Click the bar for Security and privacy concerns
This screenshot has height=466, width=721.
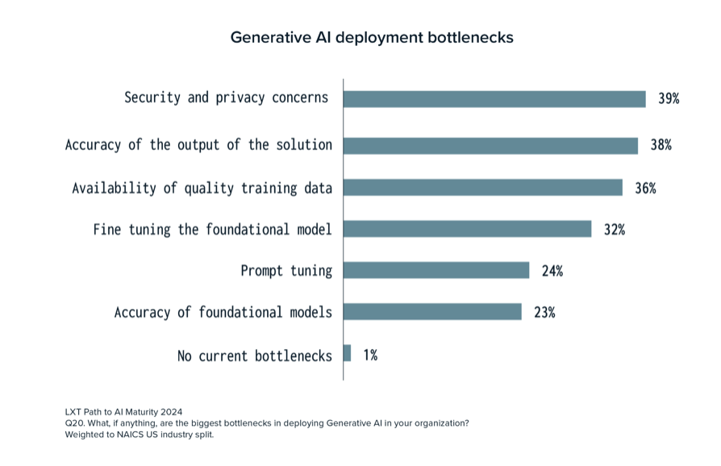click(494, 98)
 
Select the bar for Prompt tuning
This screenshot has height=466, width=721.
click(436, 270)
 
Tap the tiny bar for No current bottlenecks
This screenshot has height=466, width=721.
click(348, 353)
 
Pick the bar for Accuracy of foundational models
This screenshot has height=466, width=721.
click(432, 312)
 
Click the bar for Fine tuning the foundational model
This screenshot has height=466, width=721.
click(468, 229)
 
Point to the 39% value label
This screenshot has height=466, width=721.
click(669, 98)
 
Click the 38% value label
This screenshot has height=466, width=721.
click(661, 145)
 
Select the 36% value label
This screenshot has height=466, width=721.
click(645, 187)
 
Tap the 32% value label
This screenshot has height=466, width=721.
click(614, 229)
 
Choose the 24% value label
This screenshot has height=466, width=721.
click(552, 271)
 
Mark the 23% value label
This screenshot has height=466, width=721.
click(544, 313)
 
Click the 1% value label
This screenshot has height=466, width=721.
click(369, 354)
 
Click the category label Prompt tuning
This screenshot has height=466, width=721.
click(286, 271)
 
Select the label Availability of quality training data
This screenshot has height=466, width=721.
click(202, 188)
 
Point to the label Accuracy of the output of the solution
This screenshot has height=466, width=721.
click(198, 145)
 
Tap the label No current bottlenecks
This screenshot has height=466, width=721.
click(254, 355)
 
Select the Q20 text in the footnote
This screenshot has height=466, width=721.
click(74, 423)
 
